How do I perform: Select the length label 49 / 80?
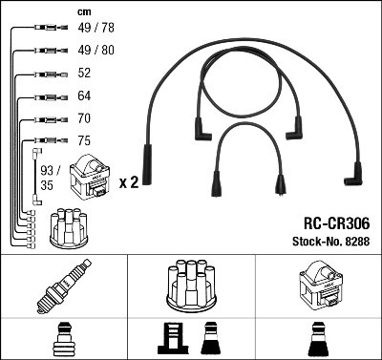(94, 52)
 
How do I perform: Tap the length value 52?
(84, 74)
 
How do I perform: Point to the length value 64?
(84, 96)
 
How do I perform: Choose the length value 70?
(84, 119)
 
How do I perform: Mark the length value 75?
(84, 141)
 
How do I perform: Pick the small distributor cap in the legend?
(65, 228)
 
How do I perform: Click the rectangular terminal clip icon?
(173, 339)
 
